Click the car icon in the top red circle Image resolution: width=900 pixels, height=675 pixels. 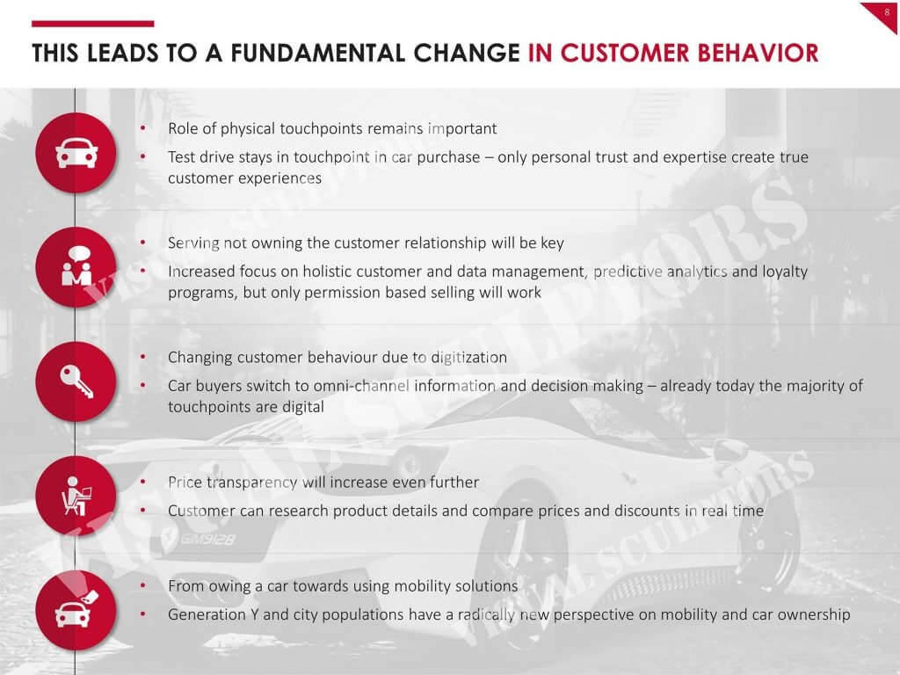[x=76, y=153]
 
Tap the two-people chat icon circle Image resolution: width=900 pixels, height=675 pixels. [x=76, y=267]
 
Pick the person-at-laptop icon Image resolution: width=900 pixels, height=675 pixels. [x=76, y=496]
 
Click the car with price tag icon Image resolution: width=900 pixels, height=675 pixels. [x=76, y=610]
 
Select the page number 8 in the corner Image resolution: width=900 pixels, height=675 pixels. [x=888, y=11]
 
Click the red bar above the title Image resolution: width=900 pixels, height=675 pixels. [x=93, y=24]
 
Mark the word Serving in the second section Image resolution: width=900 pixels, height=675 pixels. [x=193, y=243]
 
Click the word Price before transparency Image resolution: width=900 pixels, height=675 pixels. [x=185, y=483]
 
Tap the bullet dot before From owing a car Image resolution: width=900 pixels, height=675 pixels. [x=143, y=585]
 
